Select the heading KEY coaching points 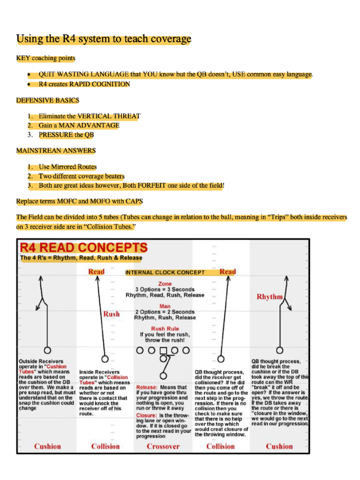point(45,58)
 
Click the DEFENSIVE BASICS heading point(47,100)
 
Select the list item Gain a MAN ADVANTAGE point(79,125)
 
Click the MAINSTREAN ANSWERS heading point(56,150)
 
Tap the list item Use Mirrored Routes point(67,166)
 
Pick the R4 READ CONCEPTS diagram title point(83,247)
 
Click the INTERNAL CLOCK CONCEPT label point(165,272)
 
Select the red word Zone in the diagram point(165,284)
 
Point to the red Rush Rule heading point(165,329)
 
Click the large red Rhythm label point(270,297)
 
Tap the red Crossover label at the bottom point(163,446)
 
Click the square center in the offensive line point(163,350)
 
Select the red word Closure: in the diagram point(147,416)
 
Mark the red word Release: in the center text point(147,388)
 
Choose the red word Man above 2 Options point(165,306)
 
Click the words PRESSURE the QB point(66,135)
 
